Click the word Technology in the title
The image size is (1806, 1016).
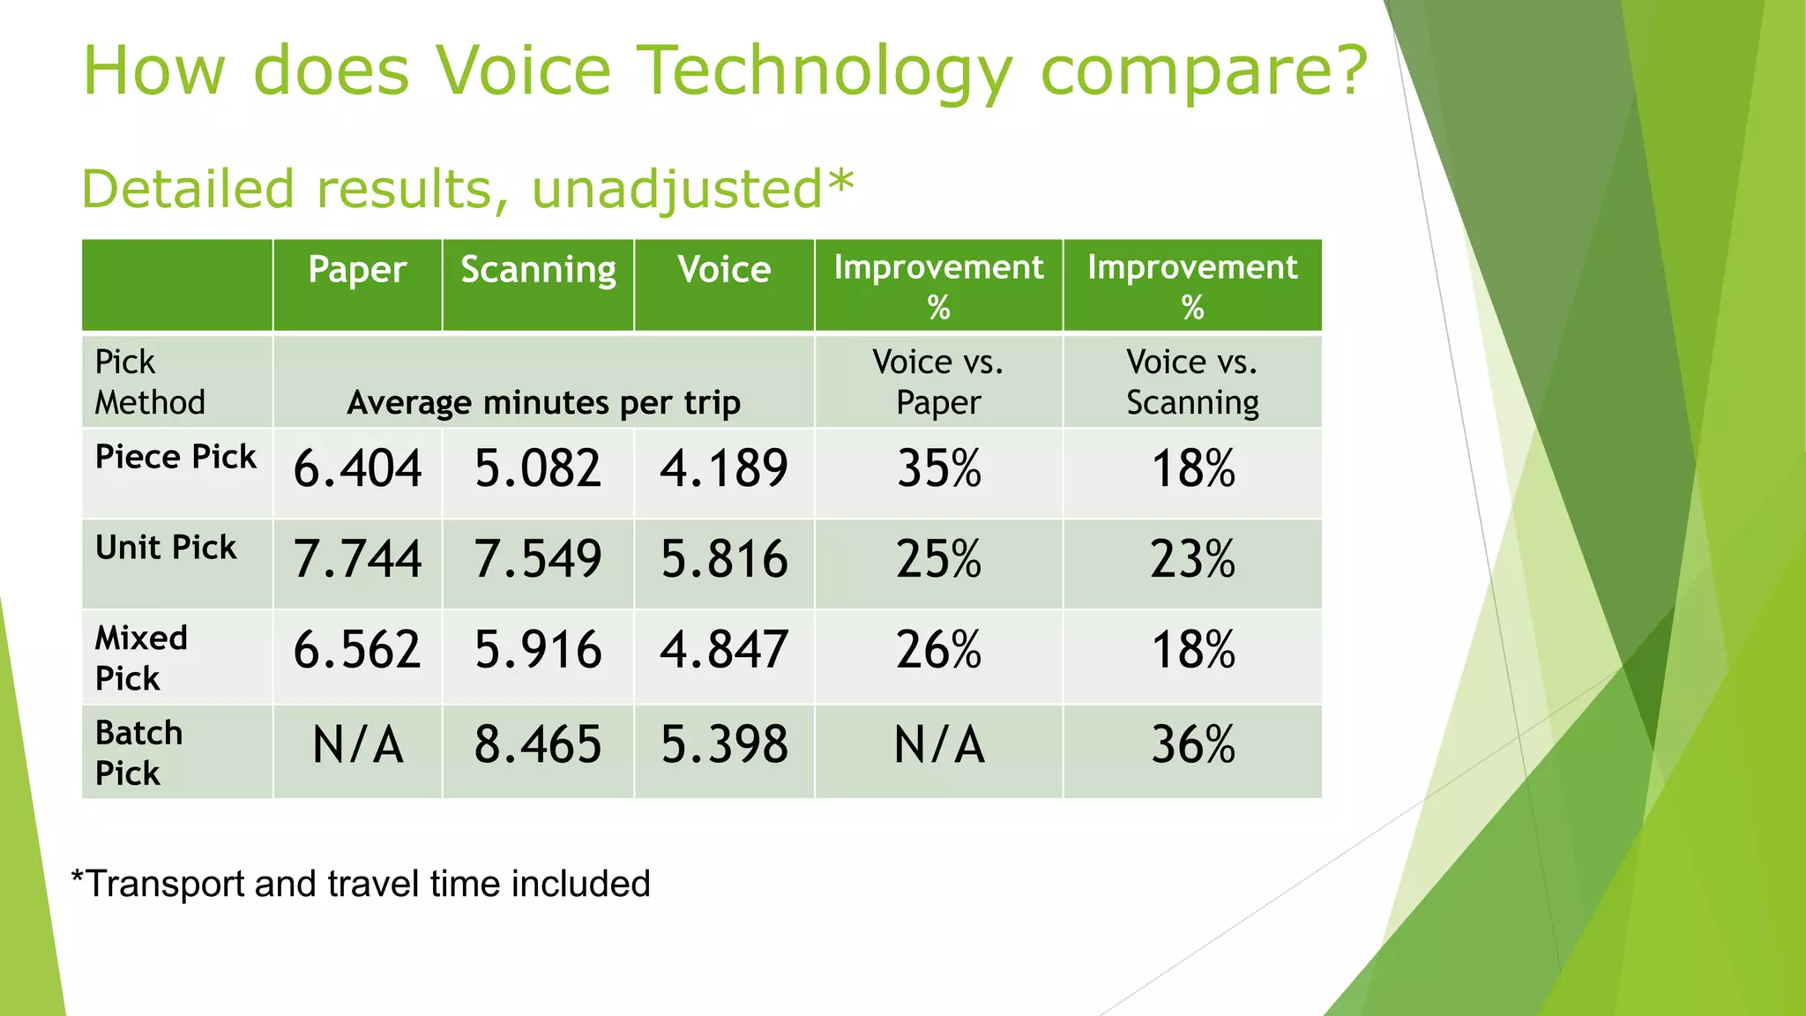point(824,72)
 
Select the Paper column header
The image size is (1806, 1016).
point(357,270)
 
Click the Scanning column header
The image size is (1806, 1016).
point(538,270)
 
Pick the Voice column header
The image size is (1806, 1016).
point(724,270)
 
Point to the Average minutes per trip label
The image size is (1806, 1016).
point(543,403)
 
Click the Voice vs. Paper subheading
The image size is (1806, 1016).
point(938,382)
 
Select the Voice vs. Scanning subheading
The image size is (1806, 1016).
point(1192,382)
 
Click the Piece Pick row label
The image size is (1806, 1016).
point(175,457)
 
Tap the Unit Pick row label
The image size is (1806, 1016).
point(166,548)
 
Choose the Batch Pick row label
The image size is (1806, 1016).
point(138,752)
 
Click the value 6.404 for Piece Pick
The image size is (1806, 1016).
point(357,468)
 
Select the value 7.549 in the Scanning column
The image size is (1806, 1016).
point(538,559)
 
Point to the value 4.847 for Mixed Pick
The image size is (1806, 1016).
point(724,650)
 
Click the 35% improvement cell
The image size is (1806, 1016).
point(938,468)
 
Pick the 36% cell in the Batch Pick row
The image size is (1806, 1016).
point(1192,744)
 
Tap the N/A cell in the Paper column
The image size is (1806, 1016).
point(357,744)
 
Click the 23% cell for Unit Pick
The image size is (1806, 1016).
point(1192,559)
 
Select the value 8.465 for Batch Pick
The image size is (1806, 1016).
point(538,744)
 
